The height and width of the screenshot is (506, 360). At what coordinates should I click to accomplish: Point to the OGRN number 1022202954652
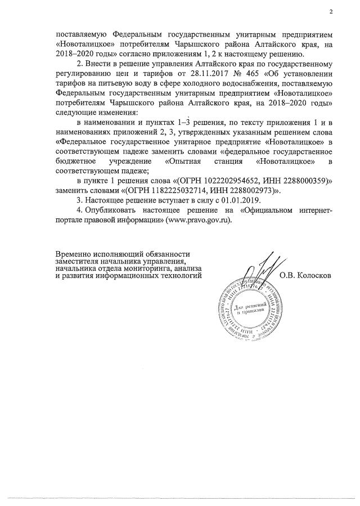click(230, 182)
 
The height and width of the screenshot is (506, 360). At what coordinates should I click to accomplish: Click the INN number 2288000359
click(301, 182)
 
